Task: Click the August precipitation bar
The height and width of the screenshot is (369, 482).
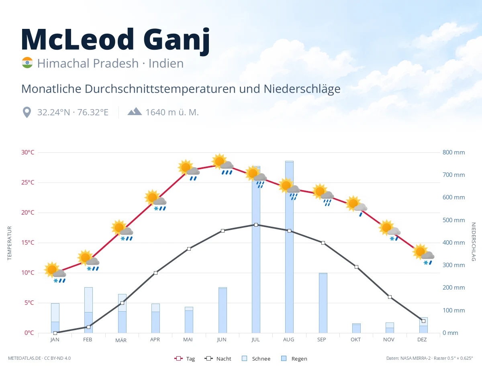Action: click(x=289, y=247)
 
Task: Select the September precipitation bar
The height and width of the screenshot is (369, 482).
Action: click(x=323, y=303)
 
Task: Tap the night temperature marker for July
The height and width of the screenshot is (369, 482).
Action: click(x=256, y=225)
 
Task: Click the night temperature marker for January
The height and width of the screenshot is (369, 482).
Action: click(x=55, y=333)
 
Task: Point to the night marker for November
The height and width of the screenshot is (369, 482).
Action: click(x=390, y=297)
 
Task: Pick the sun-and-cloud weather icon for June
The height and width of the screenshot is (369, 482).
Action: click(x=223, y=164)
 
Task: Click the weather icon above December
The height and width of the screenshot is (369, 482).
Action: click(x=423, y=255)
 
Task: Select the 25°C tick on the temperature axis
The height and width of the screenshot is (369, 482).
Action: click(x=28, y=182)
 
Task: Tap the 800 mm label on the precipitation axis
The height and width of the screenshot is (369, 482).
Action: click(x=453, y=152)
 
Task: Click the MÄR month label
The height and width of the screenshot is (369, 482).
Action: click(x=121, y=340)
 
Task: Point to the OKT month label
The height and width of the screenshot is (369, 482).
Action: click(x=355, y=340)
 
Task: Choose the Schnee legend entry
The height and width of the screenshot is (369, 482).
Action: click(x=256, y=359)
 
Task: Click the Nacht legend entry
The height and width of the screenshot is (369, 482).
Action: click(x=218, y=359)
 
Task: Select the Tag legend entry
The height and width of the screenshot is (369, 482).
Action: click(x=184, y=359)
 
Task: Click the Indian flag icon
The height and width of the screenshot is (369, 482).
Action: click(x=27, y=63)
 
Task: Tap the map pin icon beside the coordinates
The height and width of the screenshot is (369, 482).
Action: click(x=27, y=112)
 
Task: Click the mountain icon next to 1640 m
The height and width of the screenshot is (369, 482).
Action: click(x=135, y=112)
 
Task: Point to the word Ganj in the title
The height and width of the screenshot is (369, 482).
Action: click(x=177, y=40)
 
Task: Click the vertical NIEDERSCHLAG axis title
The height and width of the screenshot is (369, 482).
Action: click(x=474, y=241)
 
